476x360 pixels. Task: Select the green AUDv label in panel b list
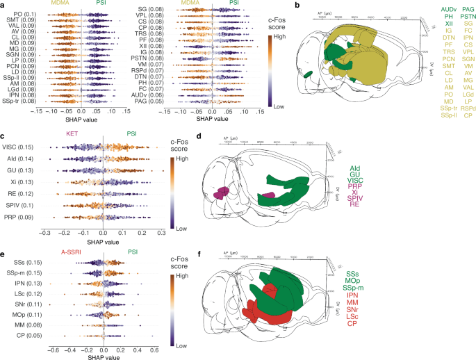[x=430, y=8]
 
